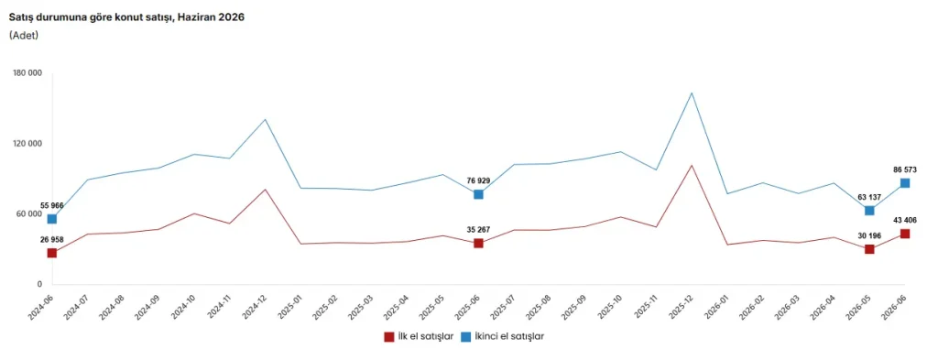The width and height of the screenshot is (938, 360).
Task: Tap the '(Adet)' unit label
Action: tap(24, 36)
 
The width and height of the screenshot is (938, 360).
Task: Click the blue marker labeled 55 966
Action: tap(52, 219)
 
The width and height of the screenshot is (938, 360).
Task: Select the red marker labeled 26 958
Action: tap(52, 253)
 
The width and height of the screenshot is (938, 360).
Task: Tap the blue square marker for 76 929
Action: tap(478, 194)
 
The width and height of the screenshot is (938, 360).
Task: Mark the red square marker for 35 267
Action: tap(478, 244)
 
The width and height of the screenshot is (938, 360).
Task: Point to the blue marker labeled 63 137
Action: tap(870, 211)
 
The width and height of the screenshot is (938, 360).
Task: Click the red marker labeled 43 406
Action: tap(905, 234)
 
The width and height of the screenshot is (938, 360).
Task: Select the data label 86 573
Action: tap(904, 169)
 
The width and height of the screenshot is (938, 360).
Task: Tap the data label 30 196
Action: tap(869, 235)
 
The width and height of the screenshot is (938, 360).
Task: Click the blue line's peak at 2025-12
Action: tap(693, 93)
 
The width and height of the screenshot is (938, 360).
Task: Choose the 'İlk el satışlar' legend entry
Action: tap(419, 337)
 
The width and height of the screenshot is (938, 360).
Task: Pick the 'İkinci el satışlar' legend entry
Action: tap(502, 337)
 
